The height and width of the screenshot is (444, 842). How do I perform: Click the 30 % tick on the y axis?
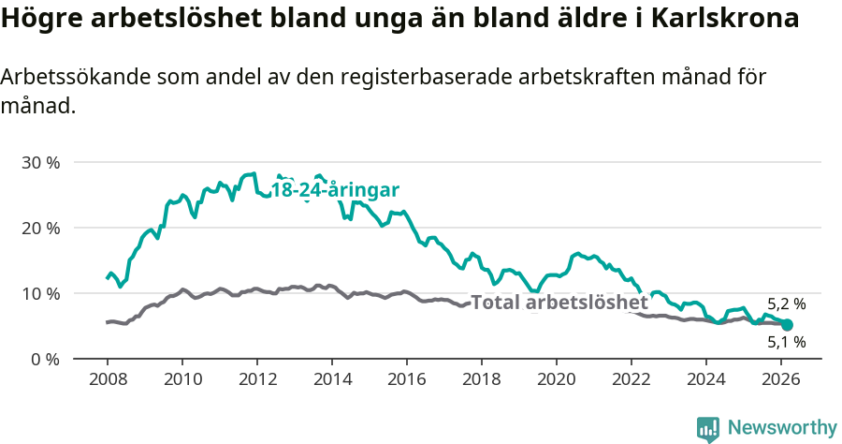(x=40, y=162)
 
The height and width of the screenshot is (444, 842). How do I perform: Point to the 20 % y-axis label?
(x=40, y=228)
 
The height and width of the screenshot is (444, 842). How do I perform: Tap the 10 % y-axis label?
(x=40, y=293)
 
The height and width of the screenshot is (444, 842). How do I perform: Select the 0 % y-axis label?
(x=45, y=359)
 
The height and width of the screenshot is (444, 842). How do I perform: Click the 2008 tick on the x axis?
(x=107, y=378)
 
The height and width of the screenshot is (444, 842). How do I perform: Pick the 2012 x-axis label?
(x=257, y=378)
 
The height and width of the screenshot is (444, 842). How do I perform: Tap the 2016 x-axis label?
(x=407, y=378)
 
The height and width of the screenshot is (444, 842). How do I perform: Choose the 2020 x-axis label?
(x=557, y=378)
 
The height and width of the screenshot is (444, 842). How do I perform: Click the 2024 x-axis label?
(x=706, y=378)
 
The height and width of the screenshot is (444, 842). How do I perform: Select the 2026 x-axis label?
(x=781, y=378)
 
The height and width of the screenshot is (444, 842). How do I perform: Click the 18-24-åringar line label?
(x=335, y=190)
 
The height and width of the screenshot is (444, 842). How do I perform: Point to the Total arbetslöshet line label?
(x=559, y=303)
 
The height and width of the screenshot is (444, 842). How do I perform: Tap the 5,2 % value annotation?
(x=786, y=304)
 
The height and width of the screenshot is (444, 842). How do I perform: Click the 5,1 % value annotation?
(x=786, y=343)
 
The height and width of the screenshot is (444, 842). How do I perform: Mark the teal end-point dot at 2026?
(x=787, y=325)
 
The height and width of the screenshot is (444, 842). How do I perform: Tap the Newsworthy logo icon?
(x=708, y=429)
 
